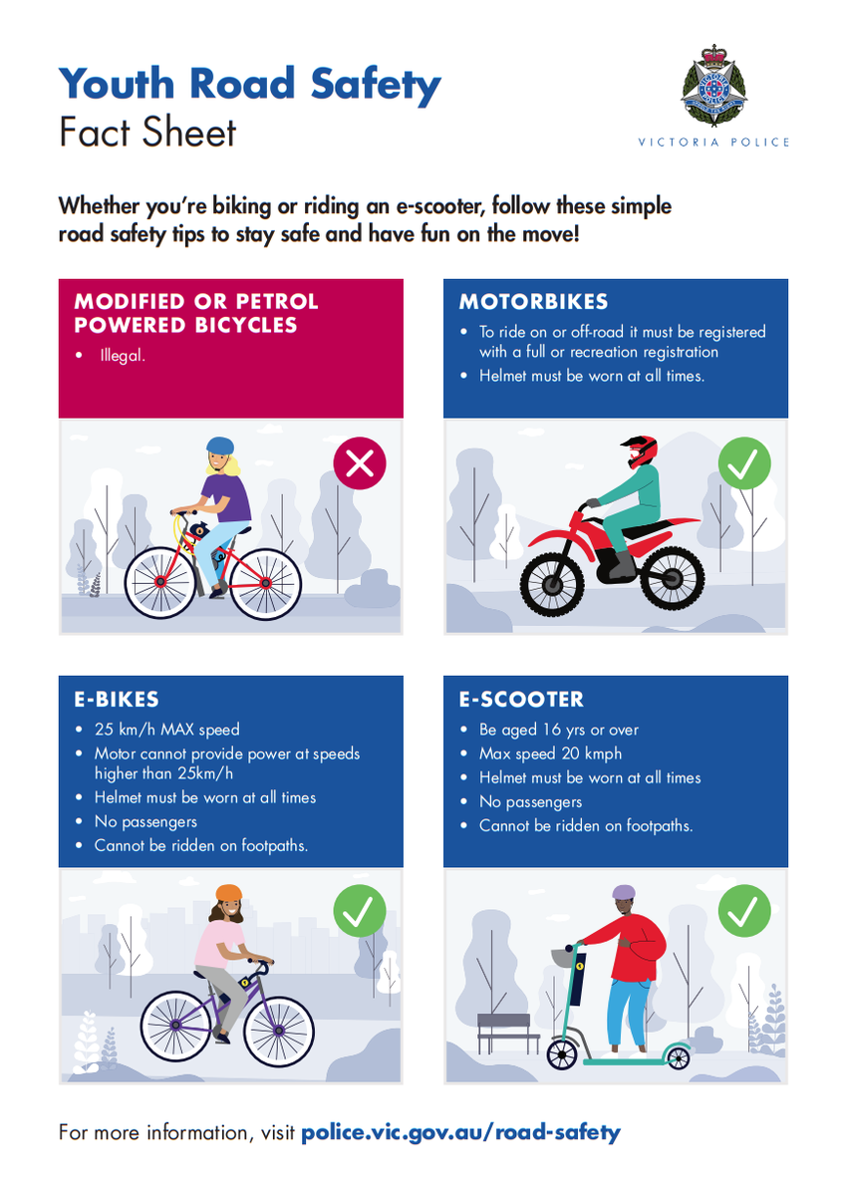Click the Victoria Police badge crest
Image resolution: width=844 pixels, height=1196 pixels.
(713, 86)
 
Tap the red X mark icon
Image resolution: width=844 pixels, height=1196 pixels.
(360, 462)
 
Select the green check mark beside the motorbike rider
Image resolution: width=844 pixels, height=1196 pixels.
(744, 462)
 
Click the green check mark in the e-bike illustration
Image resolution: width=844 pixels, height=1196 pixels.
(360, 910)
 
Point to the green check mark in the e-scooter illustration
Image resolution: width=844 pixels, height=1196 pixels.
(744, 910)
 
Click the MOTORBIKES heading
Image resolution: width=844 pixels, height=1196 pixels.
(533, 302)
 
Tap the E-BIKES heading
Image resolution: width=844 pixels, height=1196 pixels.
(117, 699)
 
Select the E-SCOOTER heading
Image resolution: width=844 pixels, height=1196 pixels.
(521, 699)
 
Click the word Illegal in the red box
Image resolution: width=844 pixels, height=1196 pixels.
(123, 355)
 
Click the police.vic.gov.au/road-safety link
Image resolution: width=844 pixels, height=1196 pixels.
(460, 1132)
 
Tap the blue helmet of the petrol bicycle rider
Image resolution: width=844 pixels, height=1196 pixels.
(220, 446)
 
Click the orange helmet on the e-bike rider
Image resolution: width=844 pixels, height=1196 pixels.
(228, 893)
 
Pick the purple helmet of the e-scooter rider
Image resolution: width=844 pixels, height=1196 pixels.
(623, 892)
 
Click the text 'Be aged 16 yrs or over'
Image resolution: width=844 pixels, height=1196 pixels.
(558, 730)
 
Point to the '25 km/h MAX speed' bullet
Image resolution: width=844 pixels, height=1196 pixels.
(167, 730)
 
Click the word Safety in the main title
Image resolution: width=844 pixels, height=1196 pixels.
(376, 85)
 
